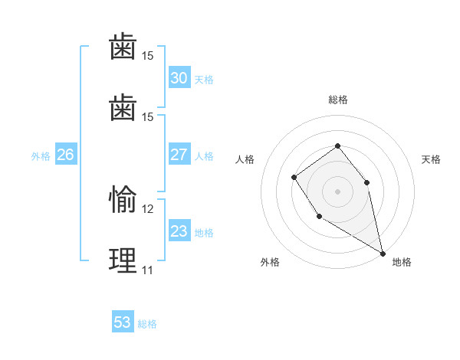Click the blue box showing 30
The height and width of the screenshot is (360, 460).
click(x=179, y=78)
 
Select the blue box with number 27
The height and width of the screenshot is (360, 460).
click(x=179, y=155)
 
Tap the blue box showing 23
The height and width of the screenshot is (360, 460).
click(x=179, y=231)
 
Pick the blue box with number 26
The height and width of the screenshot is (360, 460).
click(x=65, y=155)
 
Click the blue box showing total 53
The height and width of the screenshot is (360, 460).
click(x=123, y=322)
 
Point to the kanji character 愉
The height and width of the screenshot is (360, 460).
click(x=123, y=200)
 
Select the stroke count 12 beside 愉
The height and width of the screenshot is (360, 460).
click(x=148, y=208)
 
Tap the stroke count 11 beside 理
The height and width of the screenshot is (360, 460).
click(x=148, y=270)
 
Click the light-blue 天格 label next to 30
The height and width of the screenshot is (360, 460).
click(x=204, y=80)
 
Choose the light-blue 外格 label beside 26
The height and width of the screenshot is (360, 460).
click(x=41, y=156)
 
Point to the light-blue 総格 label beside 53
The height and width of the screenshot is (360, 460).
click(x=147, y=324)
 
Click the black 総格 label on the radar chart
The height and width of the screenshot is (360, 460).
click(x=338, y=100)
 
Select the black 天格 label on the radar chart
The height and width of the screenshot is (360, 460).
click(x=431, y=159)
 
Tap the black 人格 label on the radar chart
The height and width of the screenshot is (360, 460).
click(x=245, y=159)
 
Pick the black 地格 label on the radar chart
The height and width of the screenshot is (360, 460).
click(x=402, y=262)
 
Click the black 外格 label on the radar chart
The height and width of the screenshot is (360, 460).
click(x=270, y=262)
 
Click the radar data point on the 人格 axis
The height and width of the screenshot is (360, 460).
click(x=294, y=178)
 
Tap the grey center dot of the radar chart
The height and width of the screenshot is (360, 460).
click(x=338, y=191)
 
